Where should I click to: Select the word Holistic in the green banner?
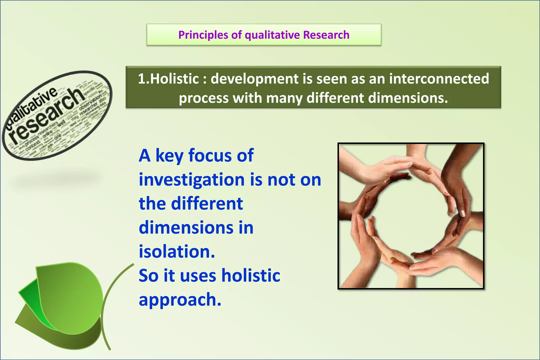(x=175, y=79)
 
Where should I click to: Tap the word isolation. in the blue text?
(x=177, y=252)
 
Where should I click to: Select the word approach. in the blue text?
(x=180, y=300)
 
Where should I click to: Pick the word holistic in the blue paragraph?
(x=250, y=276)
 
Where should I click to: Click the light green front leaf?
(x=74, y=295)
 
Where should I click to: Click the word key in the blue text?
(x=169, y=156)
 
